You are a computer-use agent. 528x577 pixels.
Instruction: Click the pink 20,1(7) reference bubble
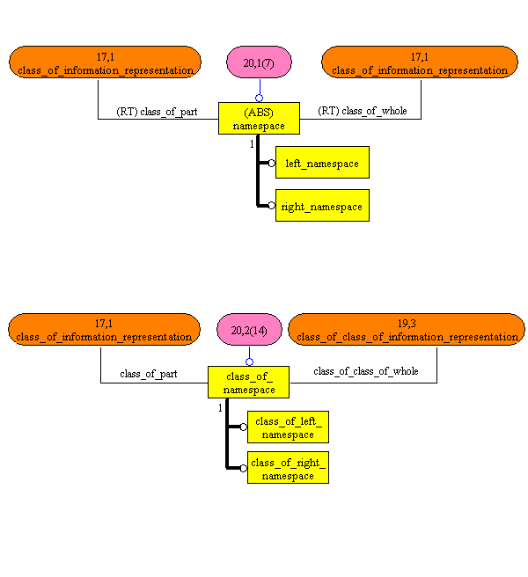coord(259,62)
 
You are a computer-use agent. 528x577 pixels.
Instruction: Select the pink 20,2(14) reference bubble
coord(249,330)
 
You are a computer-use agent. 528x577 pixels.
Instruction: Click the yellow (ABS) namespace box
coord(259,119)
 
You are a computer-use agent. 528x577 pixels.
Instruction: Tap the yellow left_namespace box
coord(322,163)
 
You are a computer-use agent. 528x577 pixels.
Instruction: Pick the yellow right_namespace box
coord(322,206)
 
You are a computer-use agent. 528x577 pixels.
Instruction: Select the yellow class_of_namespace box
coord(249,383)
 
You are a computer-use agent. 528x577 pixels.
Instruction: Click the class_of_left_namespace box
coord(288,427)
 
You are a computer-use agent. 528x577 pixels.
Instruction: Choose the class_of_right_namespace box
coord(288,468)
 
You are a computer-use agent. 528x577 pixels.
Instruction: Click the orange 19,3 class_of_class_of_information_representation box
coord(407,330)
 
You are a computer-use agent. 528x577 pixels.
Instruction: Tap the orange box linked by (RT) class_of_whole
coord(420,62)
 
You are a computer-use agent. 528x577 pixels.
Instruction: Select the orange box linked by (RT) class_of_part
coord(106,62)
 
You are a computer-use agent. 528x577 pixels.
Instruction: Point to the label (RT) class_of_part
coord(157,112)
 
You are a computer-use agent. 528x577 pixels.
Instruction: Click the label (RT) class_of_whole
coord(363,112)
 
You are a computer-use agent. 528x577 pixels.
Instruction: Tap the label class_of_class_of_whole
coord(365,371)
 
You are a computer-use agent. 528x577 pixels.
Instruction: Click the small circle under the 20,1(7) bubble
coord(259,98)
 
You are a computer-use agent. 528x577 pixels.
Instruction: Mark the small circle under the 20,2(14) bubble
coord(249,362)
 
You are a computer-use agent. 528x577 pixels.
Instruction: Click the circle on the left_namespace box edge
coord(272,163)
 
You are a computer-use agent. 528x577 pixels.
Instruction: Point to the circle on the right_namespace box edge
coord(272,206)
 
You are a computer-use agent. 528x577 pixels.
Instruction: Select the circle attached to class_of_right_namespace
coord(244,468)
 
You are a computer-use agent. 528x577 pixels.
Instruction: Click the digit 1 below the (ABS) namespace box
coord(252,143)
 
